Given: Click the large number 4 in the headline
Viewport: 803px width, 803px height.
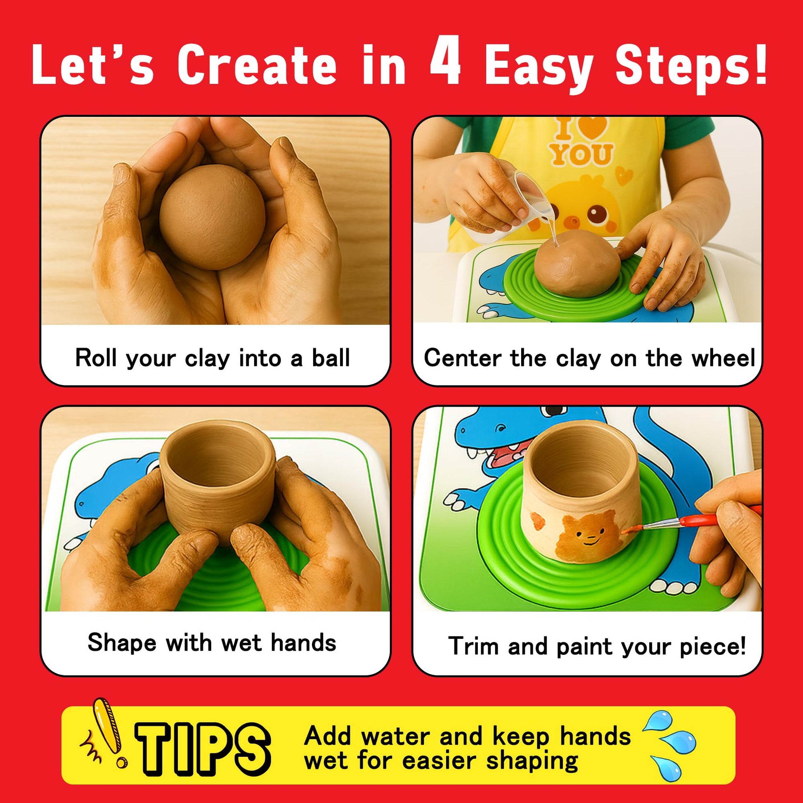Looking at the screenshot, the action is [445, 61].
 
